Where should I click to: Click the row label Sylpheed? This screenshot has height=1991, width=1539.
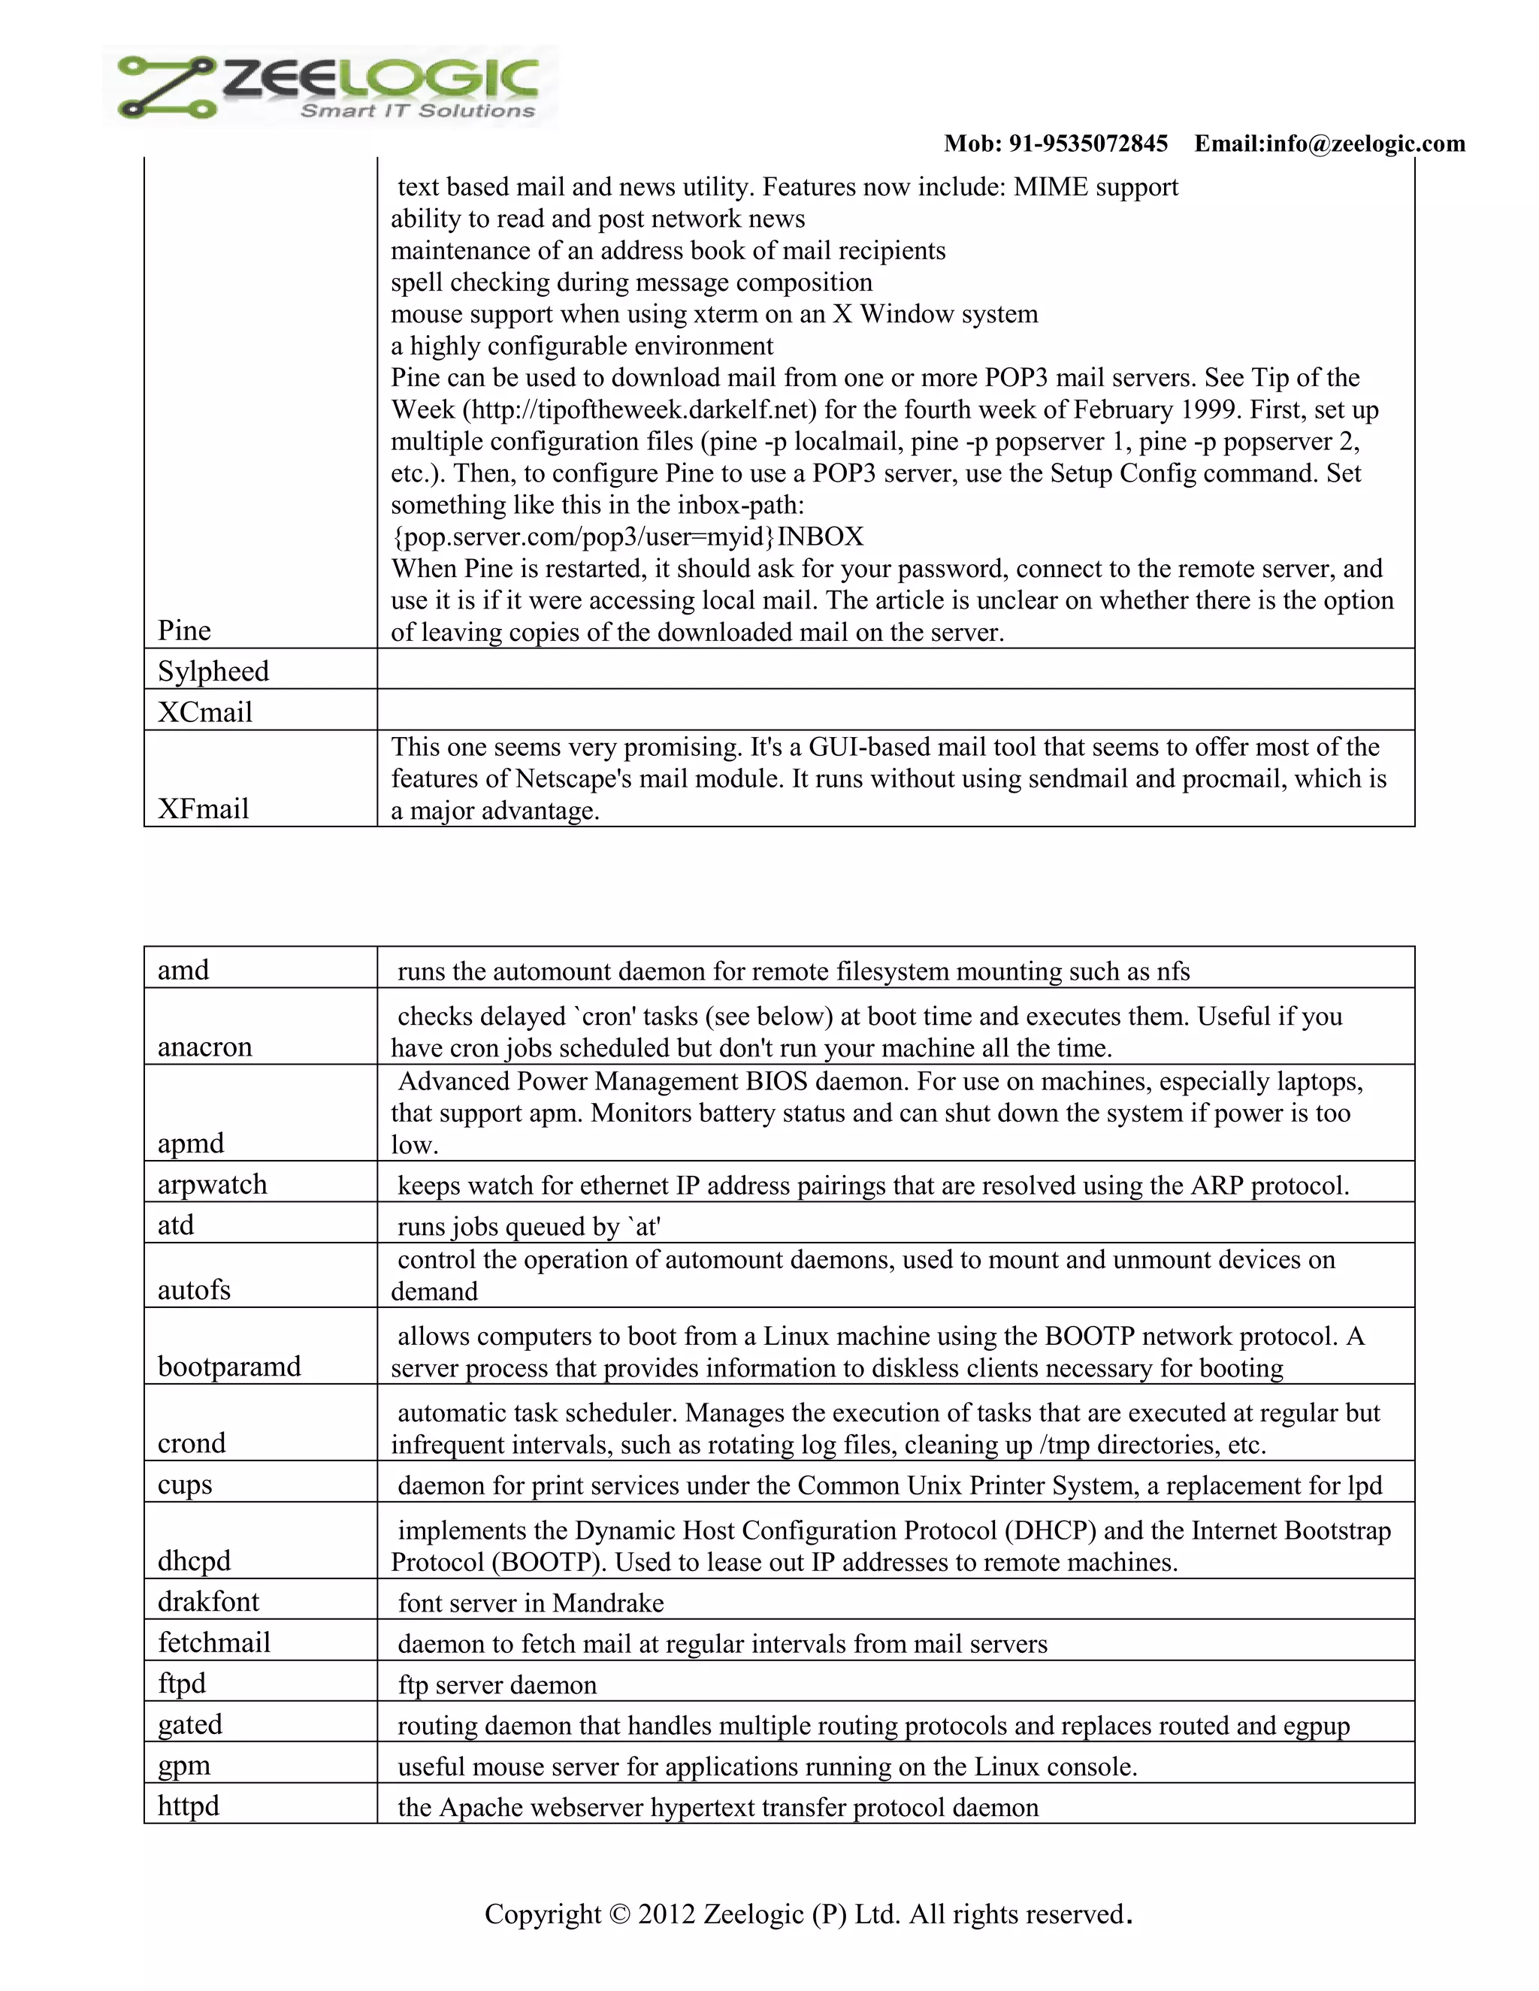[213, 672]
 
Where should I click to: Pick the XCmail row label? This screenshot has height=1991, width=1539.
[205, 712]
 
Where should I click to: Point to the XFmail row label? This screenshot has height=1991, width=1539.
[204, 808]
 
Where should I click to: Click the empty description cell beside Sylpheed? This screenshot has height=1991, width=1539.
[895, 670]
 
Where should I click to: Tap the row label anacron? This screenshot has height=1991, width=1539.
[205, 1047]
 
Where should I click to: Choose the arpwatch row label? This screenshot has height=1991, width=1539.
[213, 1184]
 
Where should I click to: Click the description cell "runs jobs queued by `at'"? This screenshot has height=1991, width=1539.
[529, 1227]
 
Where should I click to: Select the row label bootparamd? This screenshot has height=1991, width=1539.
[229, 1367]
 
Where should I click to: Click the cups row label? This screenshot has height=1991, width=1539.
[185, 1484]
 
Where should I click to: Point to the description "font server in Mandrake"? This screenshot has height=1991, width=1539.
[531, 1603]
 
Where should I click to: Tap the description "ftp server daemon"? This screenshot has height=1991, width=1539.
[497, 1684]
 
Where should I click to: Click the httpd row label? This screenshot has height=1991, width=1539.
[189, 1806]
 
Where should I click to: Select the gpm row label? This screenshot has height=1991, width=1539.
[184, 1766]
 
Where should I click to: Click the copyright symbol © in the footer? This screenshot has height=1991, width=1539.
[619, 1914]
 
